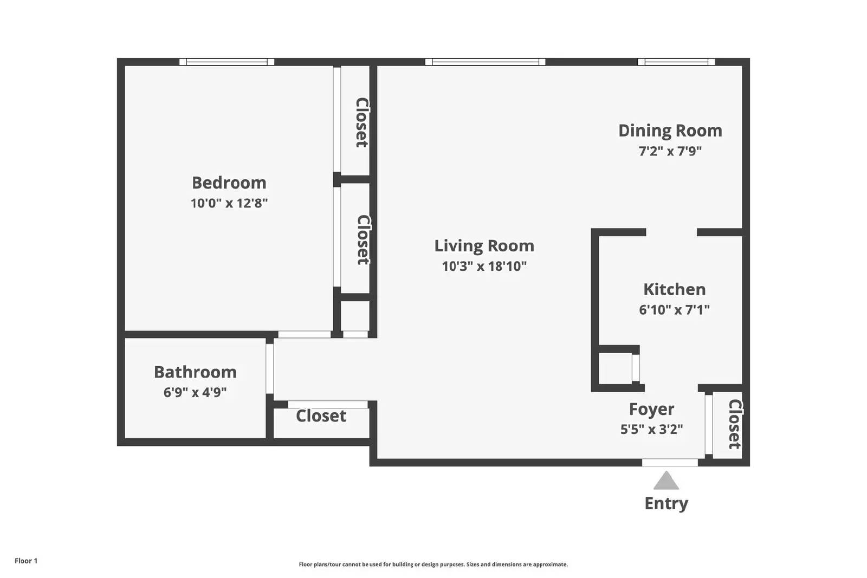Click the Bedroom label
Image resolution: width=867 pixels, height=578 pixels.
point(229,183)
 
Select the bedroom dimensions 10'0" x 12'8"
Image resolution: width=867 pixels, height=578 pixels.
point(229,203)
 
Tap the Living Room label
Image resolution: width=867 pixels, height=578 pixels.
point(484,246)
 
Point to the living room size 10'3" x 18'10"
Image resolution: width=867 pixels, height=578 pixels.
point(484,266)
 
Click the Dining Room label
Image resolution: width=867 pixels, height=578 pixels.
point(670,131)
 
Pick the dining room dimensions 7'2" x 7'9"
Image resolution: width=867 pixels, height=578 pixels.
point(670,151)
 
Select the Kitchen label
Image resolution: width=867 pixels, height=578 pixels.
point(674,289)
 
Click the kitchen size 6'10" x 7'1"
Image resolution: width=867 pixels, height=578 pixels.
point(674,310)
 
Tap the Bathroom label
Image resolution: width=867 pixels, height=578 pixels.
point(195,372)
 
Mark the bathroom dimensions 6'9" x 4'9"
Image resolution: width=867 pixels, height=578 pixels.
point(195,392)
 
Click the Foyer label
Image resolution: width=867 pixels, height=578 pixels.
point(651,409)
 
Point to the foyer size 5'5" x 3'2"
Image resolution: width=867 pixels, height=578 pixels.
point(651,430)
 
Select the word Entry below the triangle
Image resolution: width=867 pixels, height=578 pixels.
point(666,503)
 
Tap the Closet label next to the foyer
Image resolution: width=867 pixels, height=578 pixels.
point(734,424)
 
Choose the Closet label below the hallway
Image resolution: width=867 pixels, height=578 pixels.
point(321,416)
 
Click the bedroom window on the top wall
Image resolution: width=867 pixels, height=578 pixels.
point(227,62)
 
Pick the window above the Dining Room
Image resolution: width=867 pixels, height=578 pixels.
point(676,62)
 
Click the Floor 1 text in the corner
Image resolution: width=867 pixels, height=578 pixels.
point(26,561)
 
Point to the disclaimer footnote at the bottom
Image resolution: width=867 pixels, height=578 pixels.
point(433,564)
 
